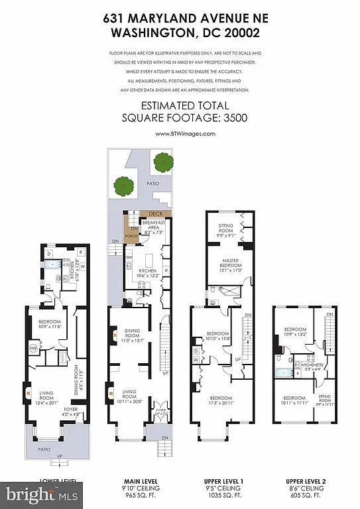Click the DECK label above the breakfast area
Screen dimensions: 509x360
click(x=156, y=213)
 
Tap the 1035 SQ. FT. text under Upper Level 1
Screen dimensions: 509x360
click(x=222, y=495)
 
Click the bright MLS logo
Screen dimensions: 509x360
click(x=42, y=494)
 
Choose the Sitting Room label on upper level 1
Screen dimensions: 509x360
click(x=226, y=229)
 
